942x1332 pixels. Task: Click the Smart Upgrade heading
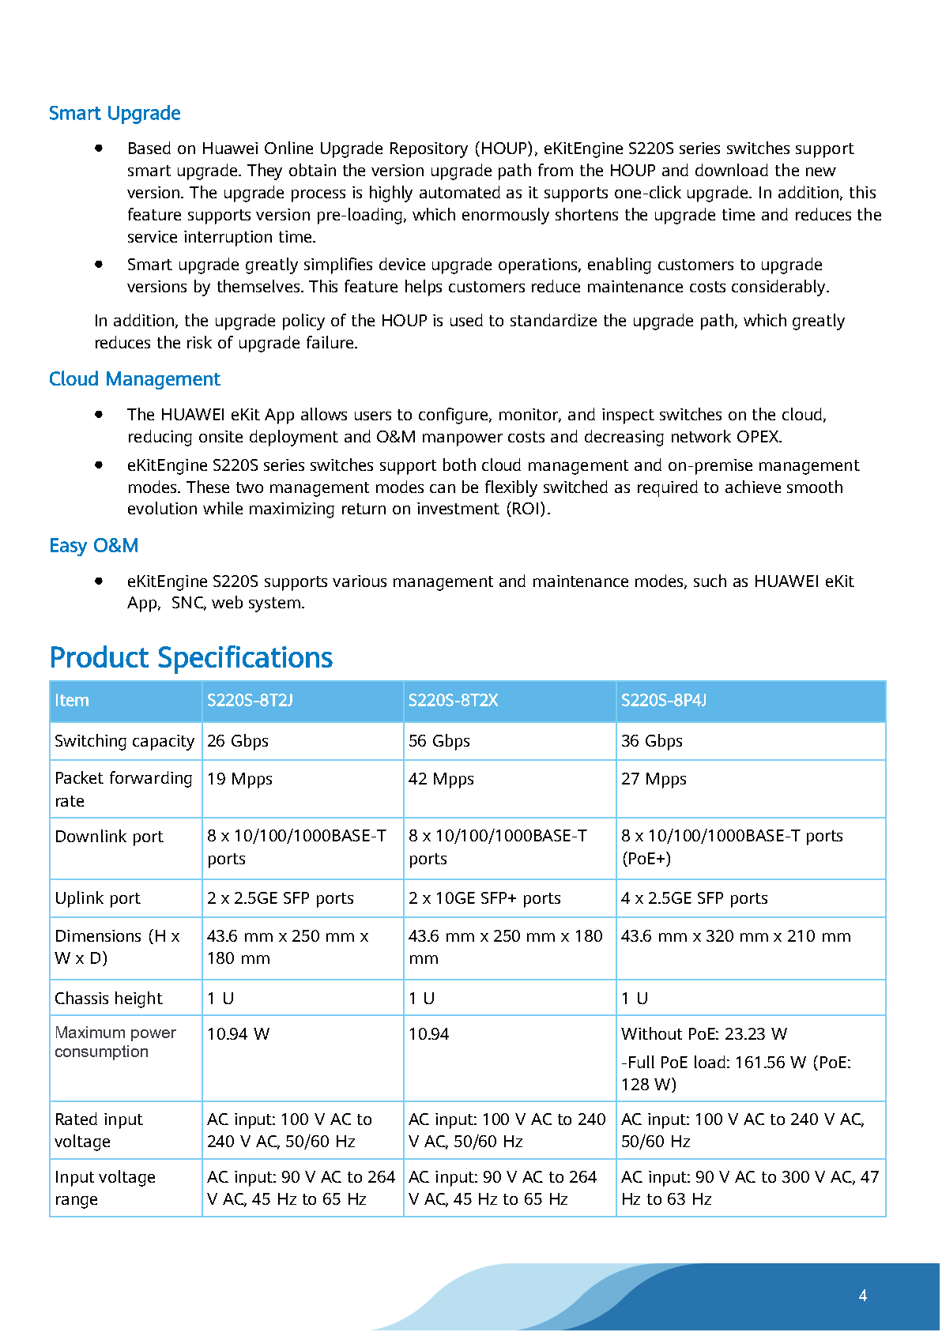[x=115, y=114]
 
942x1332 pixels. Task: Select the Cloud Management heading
[x=134, y=379]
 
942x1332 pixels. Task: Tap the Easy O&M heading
[x=93, y=546]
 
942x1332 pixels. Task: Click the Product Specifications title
[x=191, y=657]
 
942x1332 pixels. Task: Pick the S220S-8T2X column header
[x=453, y=701]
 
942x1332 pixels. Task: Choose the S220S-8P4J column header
[x=664, y=701]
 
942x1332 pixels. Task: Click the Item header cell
[x=72, y=701]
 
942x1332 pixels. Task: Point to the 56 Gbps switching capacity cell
[x=439, y=741]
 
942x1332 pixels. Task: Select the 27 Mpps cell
[x=654, y=779]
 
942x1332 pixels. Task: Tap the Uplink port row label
[x=98, y=898]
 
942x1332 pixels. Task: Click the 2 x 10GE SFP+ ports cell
[x=484, y=898]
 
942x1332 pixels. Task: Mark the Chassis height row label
[x=108, y=999]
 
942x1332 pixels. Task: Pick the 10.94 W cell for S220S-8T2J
[x=239, y=1034]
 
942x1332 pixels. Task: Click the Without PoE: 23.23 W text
[x=704, y=1034]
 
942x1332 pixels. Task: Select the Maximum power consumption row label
[x=115, y=1042]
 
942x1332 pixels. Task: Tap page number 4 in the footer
[x=863, y=1296]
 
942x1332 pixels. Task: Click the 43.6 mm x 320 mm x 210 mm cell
[x=736, y=936]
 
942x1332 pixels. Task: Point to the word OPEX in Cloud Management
[x=758, y=437]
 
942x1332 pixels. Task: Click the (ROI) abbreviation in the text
[x=527, y=509]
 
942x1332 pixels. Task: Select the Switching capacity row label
[x=124, y=741]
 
